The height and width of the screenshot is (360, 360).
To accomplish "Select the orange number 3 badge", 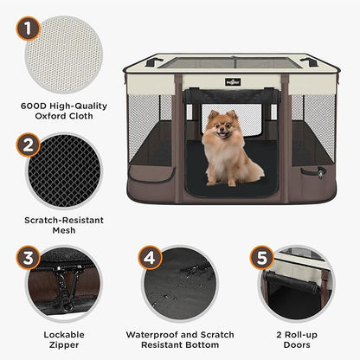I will tap(31, 258).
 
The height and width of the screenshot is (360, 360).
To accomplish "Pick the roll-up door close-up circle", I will tap(295, 285).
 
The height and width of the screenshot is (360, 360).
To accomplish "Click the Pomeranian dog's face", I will tap(219, 128).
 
